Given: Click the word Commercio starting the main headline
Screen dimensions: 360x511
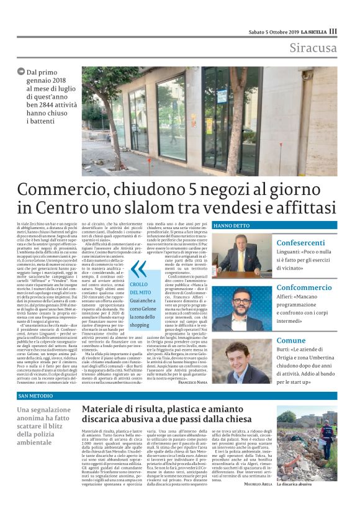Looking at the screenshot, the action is pos(66,189).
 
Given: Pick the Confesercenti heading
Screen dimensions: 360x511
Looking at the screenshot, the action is pos(300,243).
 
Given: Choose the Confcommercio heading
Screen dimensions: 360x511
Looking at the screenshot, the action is pos(305,287).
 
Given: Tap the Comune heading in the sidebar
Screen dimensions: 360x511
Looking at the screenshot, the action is pos(291,340).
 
